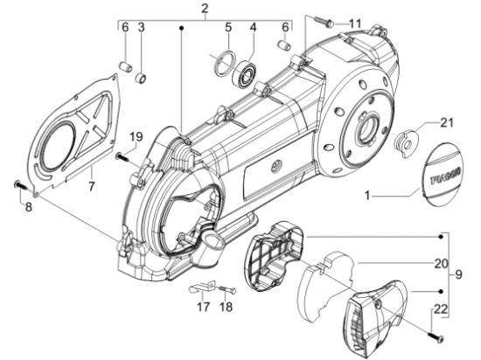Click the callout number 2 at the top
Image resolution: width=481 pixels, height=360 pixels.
point(205,8)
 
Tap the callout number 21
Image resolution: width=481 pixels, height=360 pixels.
point(447,122)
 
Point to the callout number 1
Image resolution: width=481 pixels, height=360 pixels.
point(367,196)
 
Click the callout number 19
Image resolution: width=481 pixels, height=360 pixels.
point(136,136)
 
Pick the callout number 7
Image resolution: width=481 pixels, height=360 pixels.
point(91,186)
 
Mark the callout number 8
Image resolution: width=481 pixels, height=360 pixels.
point(28,207)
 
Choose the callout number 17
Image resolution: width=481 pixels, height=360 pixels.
point(203,307)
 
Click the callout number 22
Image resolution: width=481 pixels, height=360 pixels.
point(441,309)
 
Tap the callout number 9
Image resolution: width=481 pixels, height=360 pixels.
point(458,274)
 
